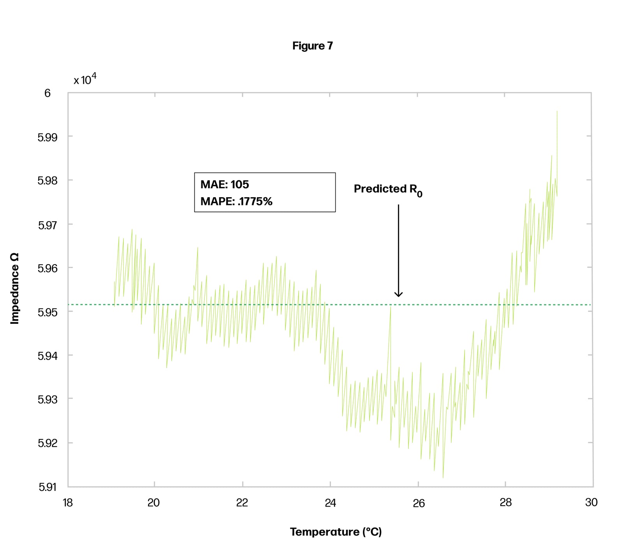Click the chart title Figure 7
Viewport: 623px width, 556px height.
point(312,46)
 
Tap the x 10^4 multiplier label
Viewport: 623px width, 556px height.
point(85,79)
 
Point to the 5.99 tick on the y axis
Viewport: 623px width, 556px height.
point(47,137)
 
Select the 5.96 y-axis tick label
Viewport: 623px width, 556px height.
point(47,268)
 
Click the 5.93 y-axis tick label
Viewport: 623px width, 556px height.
point(47,399)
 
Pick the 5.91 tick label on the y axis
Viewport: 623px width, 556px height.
point(47,487)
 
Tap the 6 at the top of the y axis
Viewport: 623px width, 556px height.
point(48,93)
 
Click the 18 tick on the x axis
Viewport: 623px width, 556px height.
point(68,503)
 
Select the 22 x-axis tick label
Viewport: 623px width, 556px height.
point(242,503)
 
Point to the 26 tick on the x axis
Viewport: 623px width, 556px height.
point(418,503)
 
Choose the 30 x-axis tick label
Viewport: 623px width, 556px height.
point(591,503)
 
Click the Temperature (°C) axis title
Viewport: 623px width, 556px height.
point(336,532)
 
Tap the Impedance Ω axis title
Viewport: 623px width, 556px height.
point(15,288)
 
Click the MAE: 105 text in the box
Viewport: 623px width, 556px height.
point(225,184)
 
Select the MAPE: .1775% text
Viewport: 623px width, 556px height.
point(236,201)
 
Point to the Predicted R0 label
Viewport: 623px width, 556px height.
point(388,189)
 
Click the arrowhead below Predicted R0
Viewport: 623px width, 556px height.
point(398,295)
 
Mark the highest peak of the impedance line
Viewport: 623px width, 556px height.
point(557,111)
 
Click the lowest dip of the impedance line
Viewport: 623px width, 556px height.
point(443,478)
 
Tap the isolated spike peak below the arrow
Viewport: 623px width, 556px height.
point(390,307)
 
